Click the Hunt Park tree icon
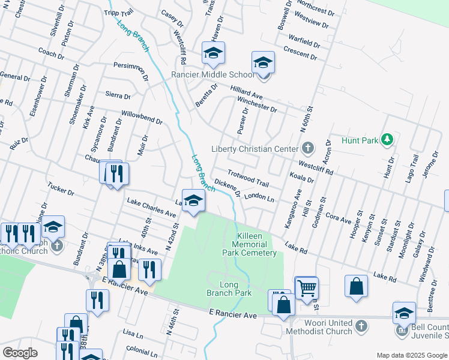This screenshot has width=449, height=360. pyautogui.click(x=387, y=140)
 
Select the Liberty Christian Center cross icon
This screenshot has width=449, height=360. pyautogui.click(x=307, y=148)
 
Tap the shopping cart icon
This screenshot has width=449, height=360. pyautogui.click(x=306, y=288)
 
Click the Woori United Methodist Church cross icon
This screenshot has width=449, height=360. pyautogui.click(x=361, y=326)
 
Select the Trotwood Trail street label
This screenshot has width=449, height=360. pyautogui.click(x=248, y=178)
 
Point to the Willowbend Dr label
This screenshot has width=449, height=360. pyautogui.click(x=142, y=116)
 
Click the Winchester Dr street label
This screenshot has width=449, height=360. pyautogui.click(x=257, y=105)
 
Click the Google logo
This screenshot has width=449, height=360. pyautogui.click(x=20, y=353)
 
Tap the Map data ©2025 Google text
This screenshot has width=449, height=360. pyautogui.click(x=411, y=355)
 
